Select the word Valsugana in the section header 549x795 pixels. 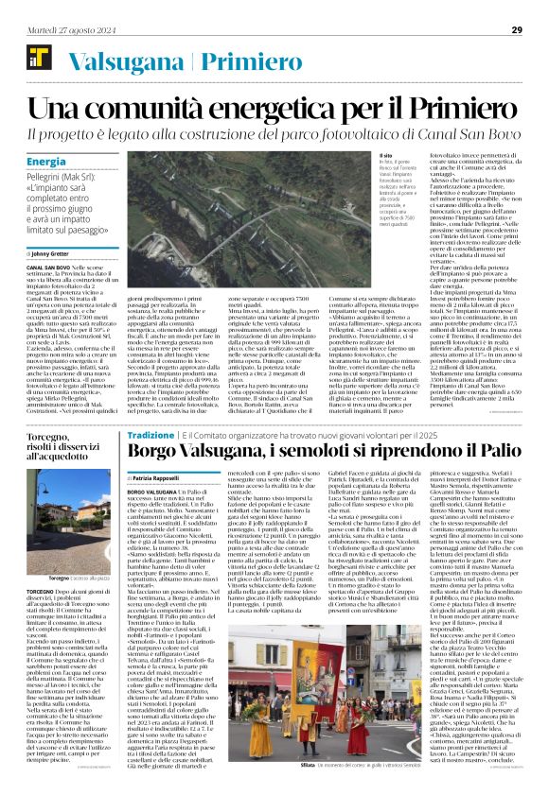(x=112, y=60)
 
